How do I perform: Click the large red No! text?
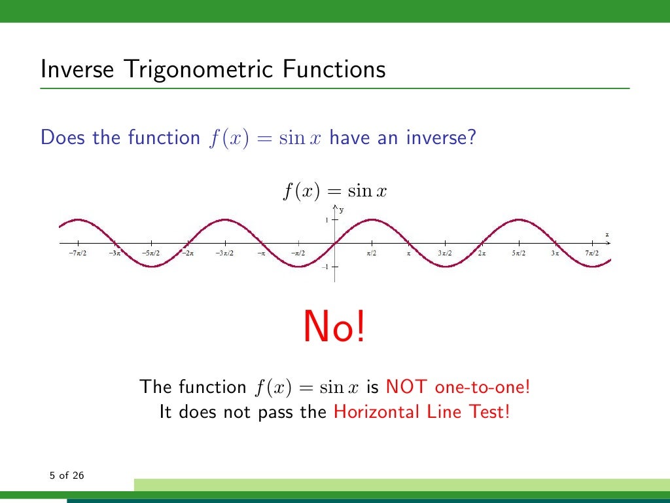click(x=334, y=327)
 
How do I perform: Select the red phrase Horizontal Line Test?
click(x=421, y=412)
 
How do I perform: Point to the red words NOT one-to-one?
click(x=458, y=386)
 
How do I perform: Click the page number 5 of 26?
click(x=67, y=475)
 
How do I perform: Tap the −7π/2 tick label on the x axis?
click(x=78, y=253)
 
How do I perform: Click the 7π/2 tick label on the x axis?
click(x=592, y=253)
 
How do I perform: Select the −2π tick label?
click(x=187, y=253)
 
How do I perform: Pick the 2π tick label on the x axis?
click(x=482, y=253)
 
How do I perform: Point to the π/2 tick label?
click(x=372, y=253)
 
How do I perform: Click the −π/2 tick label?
click(x=298, y=253)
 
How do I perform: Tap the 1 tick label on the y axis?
click(x=327, y=220)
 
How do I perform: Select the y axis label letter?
click(x=342, y=210)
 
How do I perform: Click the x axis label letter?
click(x=607, y=234)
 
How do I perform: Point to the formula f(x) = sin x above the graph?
click(x=334, y=191)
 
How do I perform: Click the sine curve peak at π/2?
click(x=372, y=219)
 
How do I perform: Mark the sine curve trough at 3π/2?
click(x=445, y=267)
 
